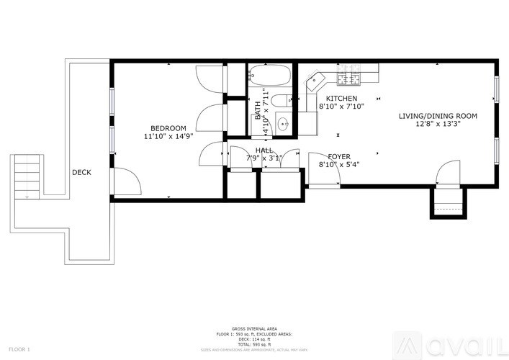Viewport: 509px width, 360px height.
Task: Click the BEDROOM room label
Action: click(x=168, y=128)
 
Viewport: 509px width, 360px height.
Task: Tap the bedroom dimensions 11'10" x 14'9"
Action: click(x=168, y=136)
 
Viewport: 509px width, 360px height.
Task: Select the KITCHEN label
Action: click(x=341, y=98)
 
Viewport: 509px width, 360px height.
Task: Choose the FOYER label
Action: click(x=339, y=156)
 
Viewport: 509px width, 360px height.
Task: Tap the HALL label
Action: click(x=263, y=150)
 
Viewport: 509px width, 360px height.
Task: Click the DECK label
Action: click(x=81, y=173)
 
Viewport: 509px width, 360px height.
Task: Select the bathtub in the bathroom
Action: click(x=270, y=74)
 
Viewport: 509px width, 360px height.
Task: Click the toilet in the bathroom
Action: click(x=280, y=100)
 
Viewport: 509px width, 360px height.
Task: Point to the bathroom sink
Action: click(x=284, y=123)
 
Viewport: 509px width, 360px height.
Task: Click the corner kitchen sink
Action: click(x=314, y=81)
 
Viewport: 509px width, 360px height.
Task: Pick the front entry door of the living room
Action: click(x=449, y=173)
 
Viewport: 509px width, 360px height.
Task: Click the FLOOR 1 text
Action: click(x=19, y=349)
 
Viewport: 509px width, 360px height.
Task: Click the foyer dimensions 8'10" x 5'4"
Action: click(x=339, y=164)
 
